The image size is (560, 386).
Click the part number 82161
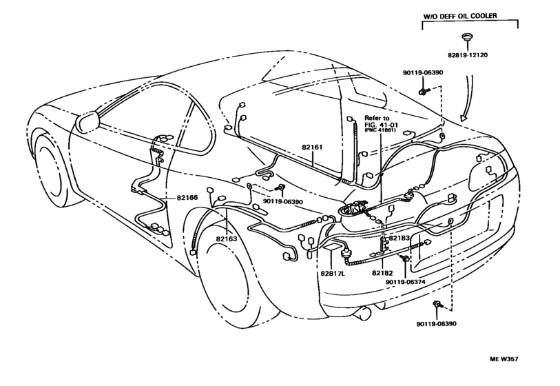coord(312,148)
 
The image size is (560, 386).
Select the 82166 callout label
coord(187,197)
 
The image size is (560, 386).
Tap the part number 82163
coord(226,239)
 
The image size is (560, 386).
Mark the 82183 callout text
coord(399,238)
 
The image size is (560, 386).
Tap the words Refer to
coord(376,118)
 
